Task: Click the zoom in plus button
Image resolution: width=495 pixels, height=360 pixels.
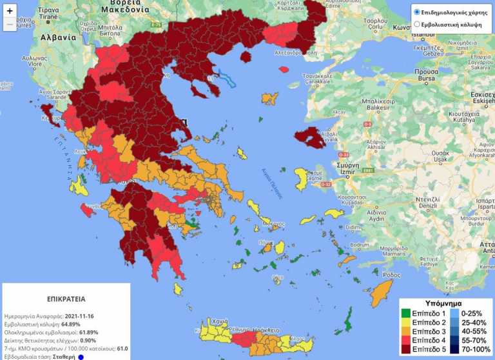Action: coord(10,10)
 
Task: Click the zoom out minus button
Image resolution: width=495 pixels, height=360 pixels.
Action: coord(10,25)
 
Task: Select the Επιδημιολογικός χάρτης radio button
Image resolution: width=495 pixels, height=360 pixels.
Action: coord(417,12)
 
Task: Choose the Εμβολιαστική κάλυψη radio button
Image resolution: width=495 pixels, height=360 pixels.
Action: coord(417,24)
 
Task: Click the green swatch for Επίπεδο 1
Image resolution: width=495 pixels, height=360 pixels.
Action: coord(405,313)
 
